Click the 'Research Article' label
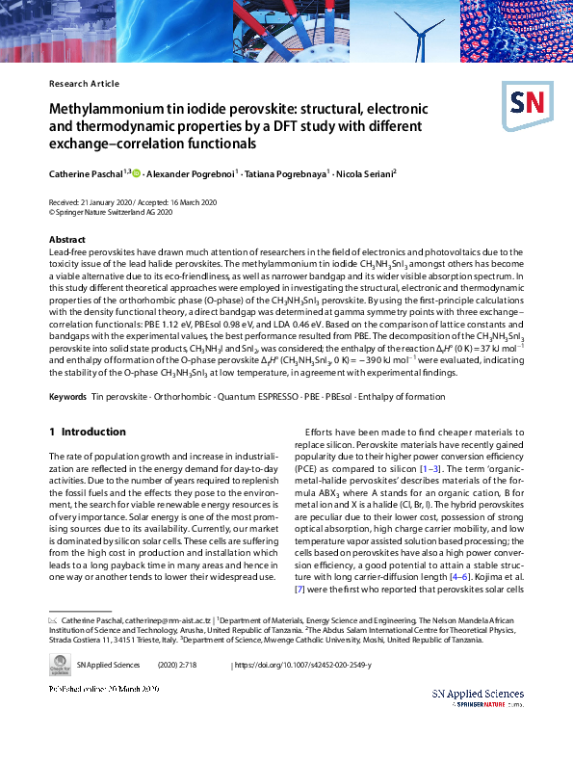[84, 84]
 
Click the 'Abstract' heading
[66, 239]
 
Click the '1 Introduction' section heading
[87, 433]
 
